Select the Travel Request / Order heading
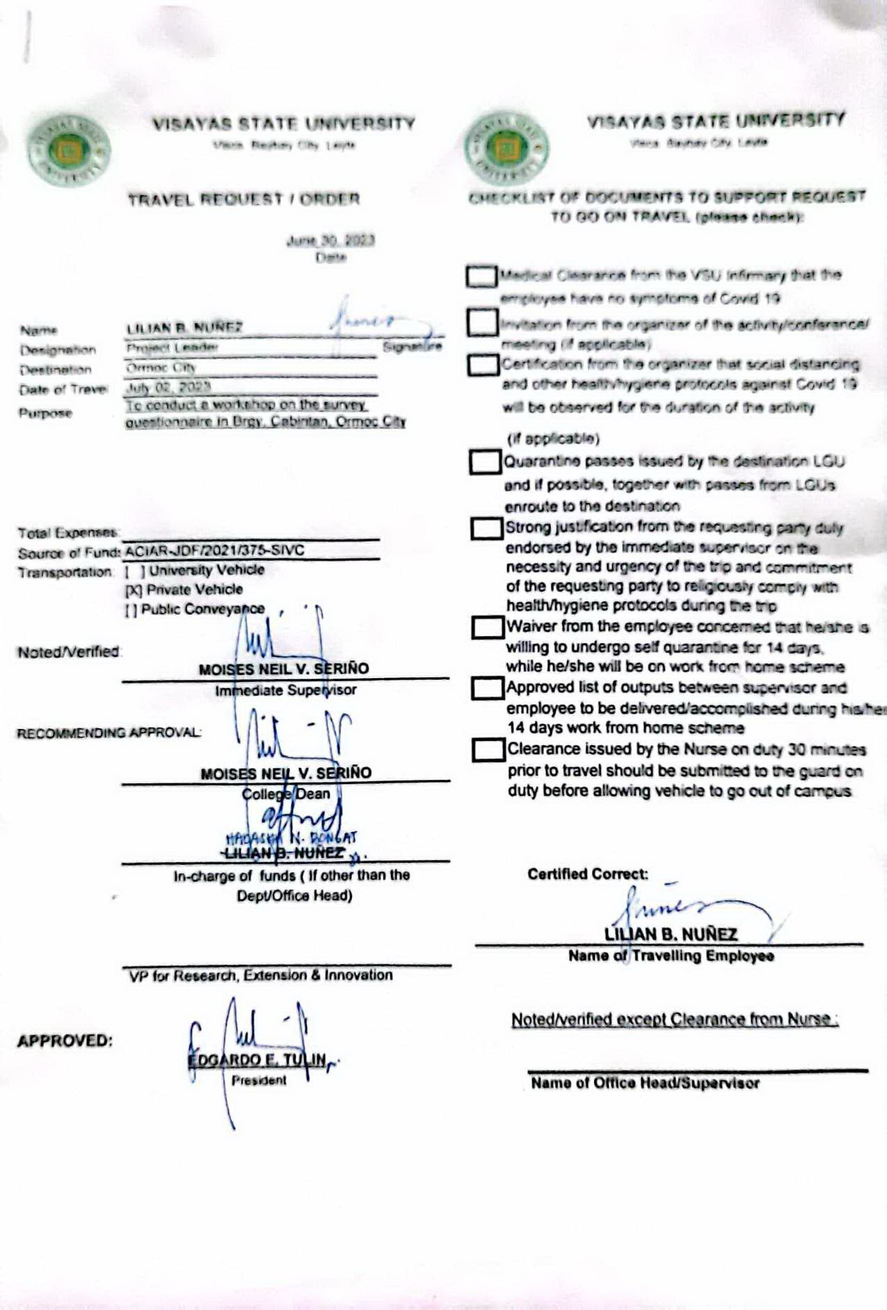click(x=243, y=200)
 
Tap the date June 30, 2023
click(x=330, y=241)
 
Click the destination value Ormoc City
click(x=161, y=367)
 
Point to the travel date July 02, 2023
click(x=168, y=388)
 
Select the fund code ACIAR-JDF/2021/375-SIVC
click(x=215, y=550)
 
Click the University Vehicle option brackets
click(x=135, y=571)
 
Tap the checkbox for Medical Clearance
click(x=481, y=276)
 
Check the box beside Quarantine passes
click(x=486, y=462)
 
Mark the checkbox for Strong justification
click(x=487, y=528)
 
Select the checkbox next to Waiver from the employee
click(x=488, y=628)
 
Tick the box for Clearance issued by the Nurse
click(x=488, y=750)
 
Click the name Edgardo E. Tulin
click(x=257, y=1060)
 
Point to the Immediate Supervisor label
click(x=285, y=691)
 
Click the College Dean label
click(x=286, y=794)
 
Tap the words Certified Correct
click(x=588, y=874)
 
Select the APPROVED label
click(x=65, y=1041)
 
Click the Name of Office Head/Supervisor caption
click(x=645, y=1083)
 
